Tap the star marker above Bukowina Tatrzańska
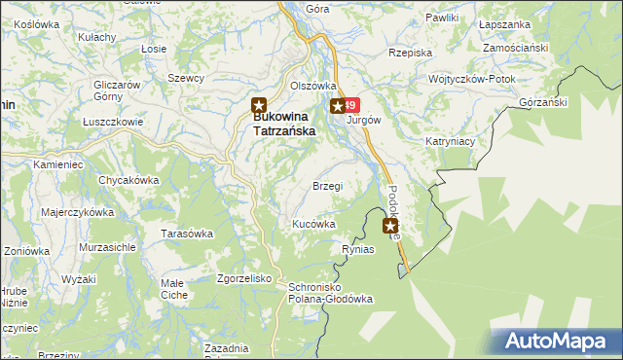coord(259,105)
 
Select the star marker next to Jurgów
coord(337,106)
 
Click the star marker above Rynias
coord(390,226)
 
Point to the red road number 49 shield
coord(352,105)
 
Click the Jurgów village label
coord(362,121)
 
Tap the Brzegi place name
coord(326,186)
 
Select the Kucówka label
coord(314,224)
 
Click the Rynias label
coord(358,250)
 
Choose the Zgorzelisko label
coord(243,277)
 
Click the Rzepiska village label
coord(409,54)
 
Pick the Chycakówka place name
coord(128,180)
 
